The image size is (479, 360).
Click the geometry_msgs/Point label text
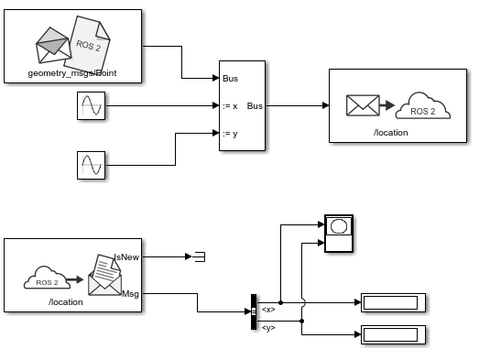(72, 74)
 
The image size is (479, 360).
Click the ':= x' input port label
(230, 106)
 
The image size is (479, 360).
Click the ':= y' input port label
(230, 134)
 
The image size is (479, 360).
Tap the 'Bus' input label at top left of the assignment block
(230, 79)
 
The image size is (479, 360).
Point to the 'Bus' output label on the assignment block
(255, 106)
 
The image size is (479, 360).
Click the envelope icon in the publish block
(362, 105)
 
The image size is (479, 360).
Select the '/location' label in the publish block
(390, 133)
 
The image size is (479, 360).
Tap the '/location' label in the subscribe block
(66, 301)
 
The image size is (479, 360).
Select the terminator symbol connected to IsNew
(198, 257)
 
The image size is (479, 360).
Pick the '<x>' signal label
(268, 310)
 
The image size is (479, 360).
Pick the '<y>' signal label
(268, 327)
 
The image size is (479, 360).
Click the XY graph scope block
(339, 235)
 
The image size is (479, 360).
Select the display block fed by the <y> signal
(390, 334)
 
